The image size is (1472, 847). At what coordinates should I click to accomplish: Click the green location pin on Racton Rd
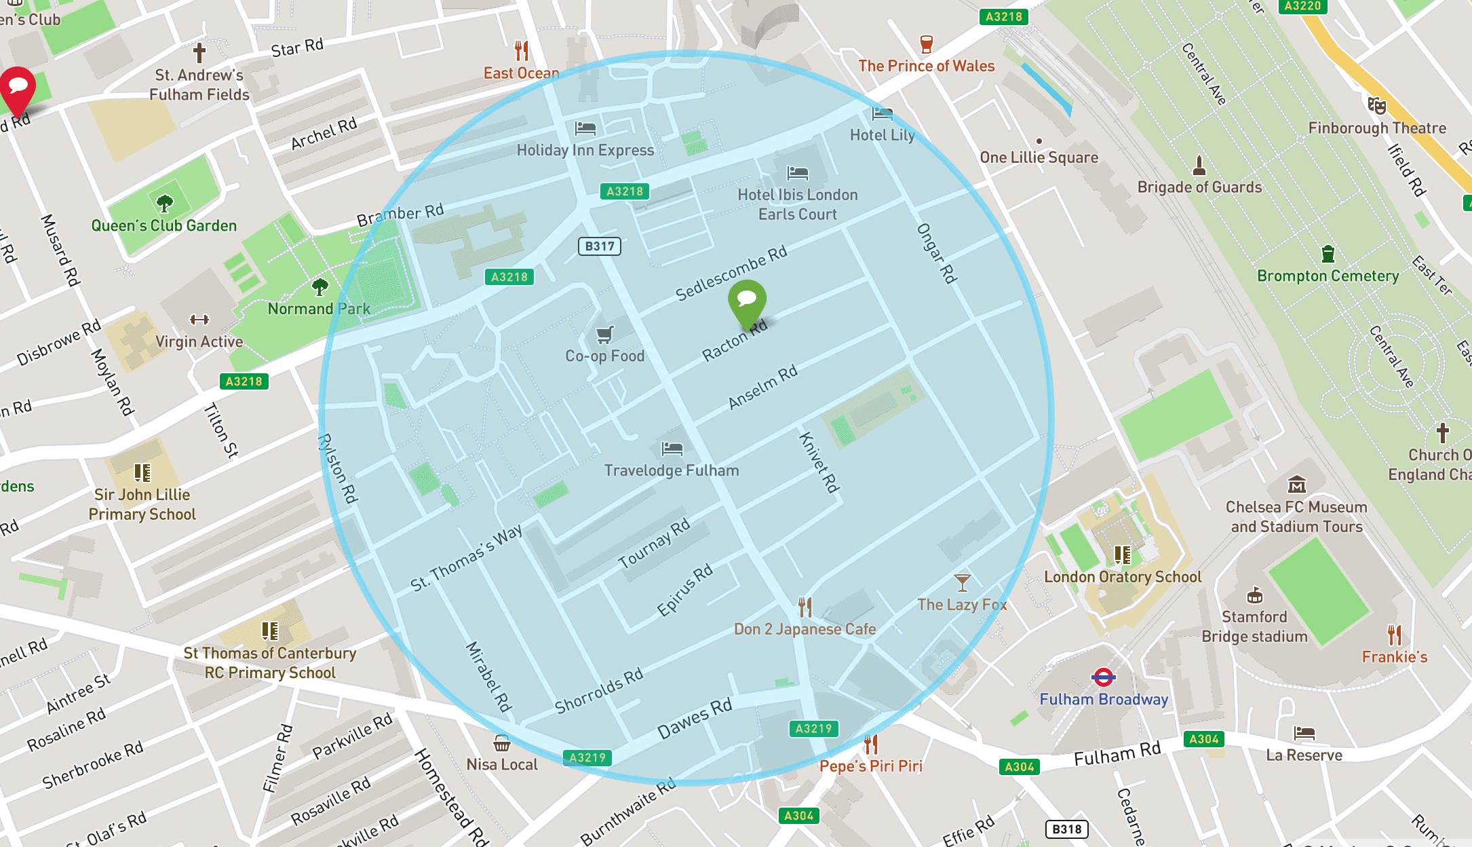[x=747, y=301]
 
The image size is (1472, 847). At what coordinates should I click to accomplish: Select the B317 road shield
[x=600, y=246]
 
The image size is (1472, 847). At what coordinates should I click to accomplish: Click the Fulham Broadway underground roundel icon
[x=1104, y=677]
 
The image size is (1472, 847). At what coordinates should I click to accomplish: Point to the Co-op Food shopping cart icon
[x=604, y=334]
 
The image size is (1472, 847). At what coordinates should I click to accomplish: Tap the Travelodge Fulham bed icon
[x=672, y=448]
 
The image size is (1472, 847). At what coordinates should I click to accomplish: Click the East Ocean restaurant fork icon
[x=521, y=50]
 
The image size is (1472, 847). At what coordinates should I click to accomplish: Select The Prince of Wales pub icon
[x=926, y=44]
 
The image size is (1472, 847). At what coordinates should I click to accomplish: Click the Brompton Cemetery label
[x=1328, y=276]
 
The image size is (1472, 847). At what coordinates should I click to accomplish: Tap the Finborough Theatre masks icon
[x=1376, y=105]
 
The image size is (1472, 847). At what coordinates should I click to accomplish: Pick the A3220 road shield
[x=1302, y=6]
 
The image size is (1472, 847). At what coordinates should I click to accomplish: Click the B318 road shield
[x=1066, y=829]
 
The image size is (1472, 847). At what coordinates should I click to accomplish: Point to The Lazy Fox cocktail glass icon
[x=962, y=582]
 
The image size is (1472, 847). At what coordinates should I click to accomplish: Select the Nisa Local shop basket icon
[x=502, y=743]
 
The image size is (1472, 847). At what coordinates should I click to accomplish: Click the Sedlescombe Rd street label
[x=731, y=272]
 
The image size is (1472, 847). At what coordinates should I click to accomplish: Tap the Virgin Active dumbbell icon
[x=199, y=320]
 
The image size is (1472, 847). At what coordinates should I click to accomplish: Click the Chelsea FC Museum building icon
[x=1296, y=485]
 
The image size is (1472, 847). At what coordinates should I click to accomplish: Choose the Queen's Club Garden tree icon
[x=164, y=203]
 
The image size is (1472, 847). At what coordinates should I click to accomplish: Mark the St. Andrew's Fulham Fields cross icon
[x=199, y=52]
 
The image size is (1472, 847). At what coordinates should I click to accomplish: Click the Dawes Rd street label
[x=695, y=717]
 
